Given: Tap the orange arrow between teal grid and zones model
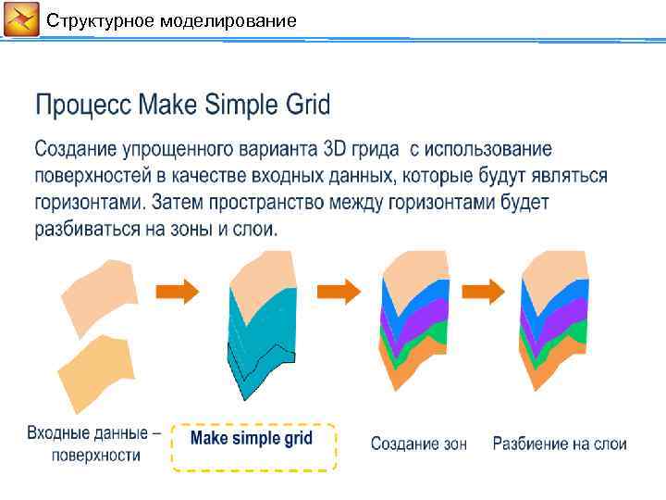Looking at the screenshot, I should [x=339, y=293].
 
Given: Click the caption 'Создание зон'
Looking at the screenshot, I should [x=419, y=444].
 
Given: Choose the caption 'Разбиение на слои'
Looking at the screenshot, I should [x=560, y=444].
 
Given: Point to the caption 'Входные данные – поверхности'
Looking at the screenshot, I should [x=93, y=444].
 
